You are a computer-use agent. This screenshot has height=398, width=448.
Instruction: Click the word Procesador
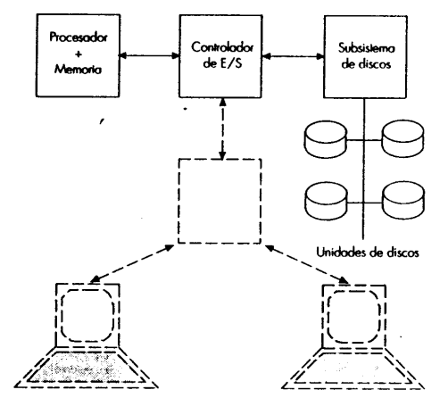pyautogui.click(x=79, y=37)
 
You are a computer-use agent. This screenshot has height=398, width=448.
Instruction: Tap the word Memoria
pyautogui.click(x=78, y=69)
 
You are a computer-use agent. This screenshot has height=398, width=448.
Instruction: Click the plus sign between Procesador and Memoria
pyautogui.click(x=79, y=54)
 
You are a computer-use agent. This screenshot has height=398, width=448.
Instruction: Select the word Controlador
pyautogui.click(x=222, y=47)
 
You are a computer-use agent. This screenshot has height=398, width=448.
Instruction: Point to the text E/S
pyautogui.click(x=231, y=63)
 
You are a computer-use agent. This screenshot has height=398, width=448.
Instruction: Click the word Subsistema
pyautogui.click(x=367, y=48)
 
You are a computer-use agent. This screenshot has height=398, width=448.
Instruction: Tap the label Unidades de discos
pyautogui.click(x=368, y=253)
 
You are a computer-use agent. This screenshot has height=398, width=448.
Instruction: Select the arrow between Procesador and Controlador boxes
pyautogui.click(x=149, y=55)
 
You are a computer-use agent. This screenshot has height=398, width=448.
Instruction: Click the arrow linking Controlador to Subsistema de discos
pyautogui.click(x=294, y=56)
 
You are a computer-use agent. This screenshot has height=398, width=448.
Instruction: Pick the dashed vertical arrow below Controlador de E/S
pyautogui.click(x=222, y=129)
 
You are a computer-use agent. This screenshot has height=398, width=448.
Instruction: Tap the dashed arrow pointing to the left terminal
pyautogui.click(x=132, y=263)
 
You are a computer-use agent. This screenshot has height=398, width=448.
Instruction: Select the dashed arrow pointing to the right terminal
pyautogui.click(x=307, y=264)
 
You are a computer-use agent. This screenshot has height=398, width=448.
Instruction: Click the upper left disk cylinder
pyautogui.click(x=326, y=139)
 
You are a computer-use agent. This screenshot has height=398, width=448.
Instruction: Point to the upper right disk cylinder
pyautogui.click(x=402, y=138)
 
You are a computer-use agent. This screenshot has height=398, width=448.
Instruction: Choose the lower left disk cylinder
pyautogui.click(x=326, y=201)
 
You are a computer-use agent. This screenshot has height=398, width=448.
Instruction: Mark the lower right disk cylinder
pyautogui.click(x=403, y=201)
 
